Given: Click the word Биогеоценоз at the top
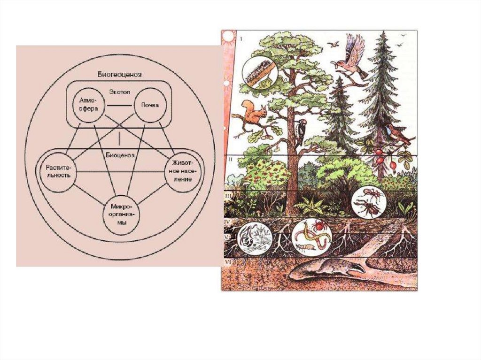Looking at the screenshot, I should click(120, 74).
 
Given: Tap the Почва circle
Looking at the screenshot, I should click(147, 105).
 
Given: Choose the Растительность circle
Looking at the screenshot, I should click(58, 172).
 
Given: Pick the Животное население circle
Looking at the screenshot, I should click(182, 172).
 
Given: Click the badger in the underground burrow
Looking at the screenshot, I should click(329, 269).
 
